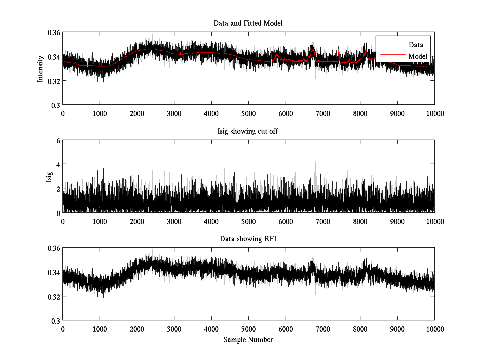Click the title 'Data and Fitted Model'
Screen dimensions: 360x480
click(248, 23)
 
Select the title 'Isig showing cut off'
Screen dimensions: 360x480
click(248, 131)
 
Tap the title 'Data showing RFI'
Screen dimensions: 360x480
click(248, 239)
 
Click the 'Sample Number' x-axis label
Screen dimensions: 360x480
click(248, 340)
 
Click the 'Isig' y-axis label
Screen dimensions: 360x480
click(49, 176)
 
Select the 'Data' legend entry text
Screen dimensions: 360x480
click(416, 45)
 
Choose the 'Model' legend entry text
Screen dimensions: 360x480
click(418, 56)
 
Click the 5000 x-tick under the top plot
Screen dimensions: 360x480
click(248, 113)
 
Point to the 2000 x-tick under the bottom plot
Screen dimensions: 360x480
click(137, 329)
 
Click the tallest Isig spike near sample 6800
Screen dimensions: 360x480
click(316, 162)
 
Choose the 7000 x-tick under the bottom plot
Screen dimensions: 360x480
click(323, 329)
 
